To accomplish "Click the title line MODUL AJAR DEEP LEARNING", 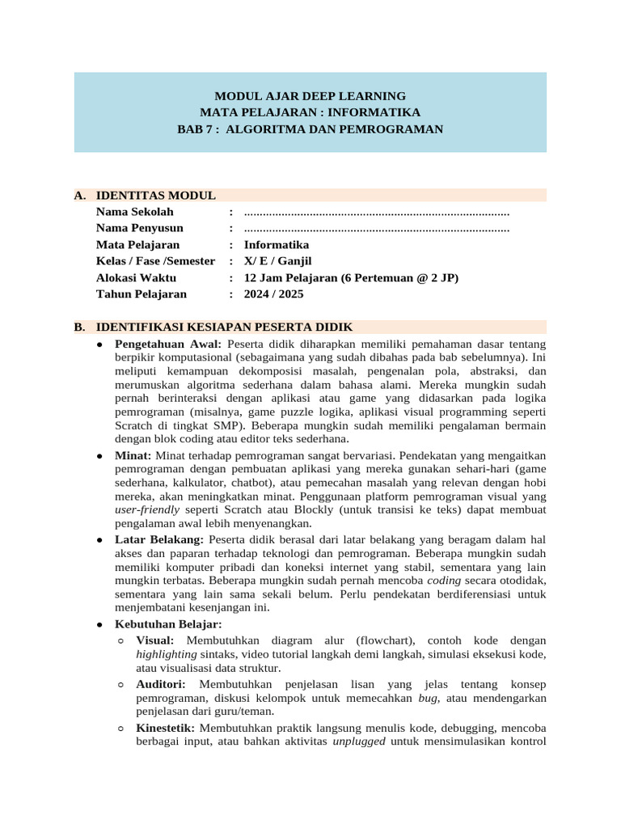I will (x=310, y=95).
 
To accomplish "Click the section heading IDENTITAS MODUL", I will (x=155, y=196).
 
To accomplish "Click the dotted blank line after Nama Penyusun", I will (x=376, y=229).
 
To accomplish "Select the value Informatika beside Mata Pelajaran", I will (x=276, y=245).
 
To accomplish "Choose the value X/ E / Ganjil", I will (x=277, y=261).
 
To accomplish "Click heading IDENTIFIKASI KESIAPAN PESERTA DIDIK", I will (x=224, y=327).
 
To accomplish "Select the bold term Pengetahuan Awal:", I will (x=169, y=344).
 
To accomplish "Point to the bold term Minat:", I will (x=133, y=456).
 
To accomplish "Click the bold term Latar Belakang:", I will (x=159, y=539).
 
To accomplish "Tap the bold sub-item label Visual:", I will (x=154, y=640).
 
